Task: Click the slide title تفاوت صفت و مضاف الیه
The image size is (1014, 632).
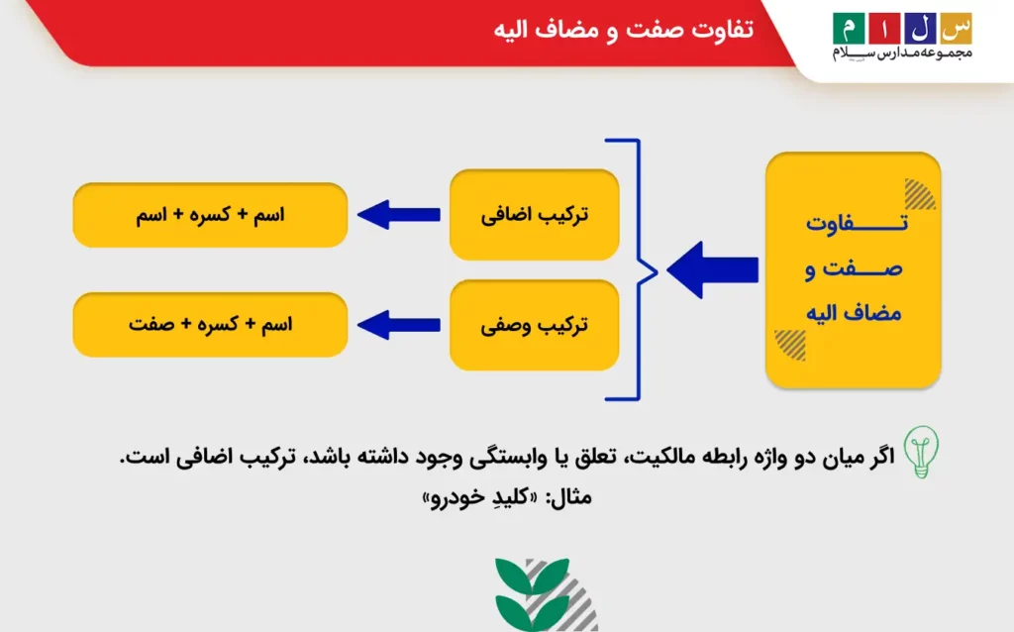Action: [x=623, y=30]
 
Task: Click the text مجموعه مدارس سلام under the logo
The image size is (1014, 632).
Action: [x=902, y=52]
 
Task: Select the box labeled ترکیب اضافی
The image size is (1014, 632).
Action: [x=535, y=215]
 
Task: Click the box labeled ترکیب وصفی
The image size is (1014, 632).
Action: [x=535, y=325]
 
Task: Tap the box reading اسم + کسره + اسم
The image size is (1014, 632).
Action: [x=210, y=215]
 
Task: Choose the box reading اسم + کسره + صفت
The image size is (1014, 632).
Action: [x=210, y=325]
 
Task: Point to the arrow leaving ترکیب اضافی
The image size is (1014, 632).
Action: [x=399, y=214]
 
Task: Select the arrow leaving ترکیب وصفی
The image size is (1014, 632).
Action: [x=399, y=324]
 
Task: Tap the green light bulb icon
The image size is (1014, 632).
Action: [x=922, y=451]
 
